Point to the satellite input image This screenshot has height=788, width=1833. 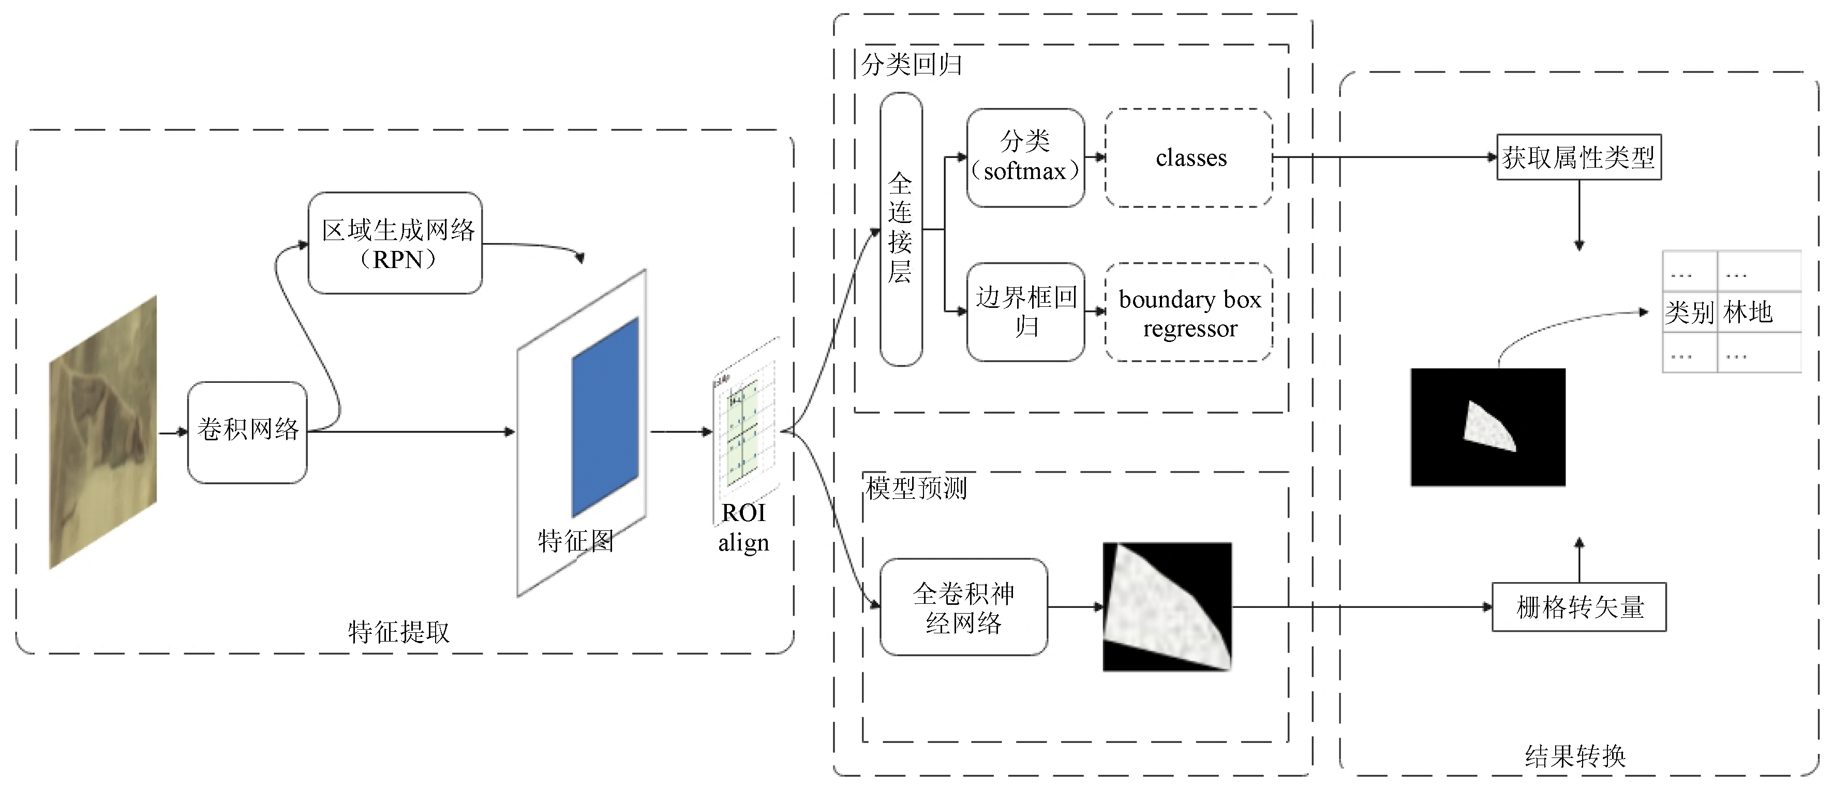(x=103, y=432)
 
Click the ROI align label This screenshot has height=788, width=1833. (x=743, y=527)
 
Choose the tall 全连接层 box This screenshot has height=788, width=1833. (x=901, y=229)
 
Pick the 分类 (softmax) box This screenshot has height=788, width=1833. (x=1025, y=157)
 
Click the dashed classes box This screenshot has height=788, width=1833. (x=1189, y=158)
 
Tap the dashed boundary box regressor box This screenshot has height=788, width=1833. (x=1189, y=313)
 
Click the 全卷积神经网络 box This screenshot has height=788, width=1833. (x=963, y=607)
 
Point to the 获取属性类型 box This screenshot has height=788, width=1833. (x=1579, y=157)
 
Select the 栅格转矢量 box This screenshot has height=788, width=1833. (x=1579, y=607)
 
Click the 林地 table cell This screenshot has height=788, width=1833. (x=1748, y=312)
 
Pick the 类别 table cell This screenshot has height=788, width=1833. (x=1689, y=312)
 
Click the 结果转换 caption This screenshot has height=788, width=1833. (x=1575, y=756)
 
